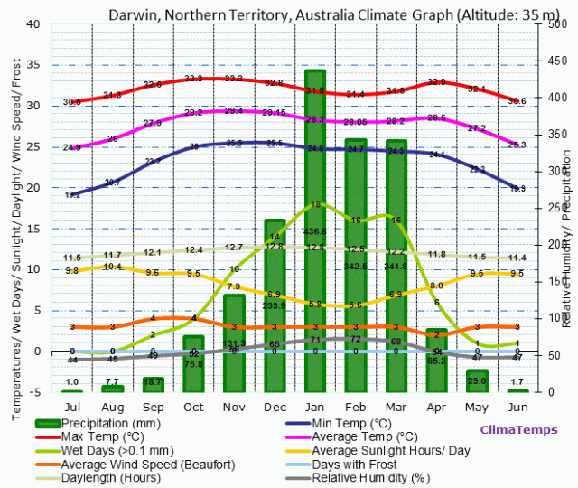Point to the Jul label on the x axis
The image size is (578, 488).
point(72,407)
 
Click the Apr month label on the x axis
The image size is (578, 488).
point(436,407)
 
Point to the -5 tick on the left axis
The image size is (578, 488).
point(33,392)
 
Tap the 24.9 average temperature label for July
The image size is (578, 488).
point(72,147)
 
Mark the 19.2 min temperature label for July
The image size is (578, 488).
point(72,194)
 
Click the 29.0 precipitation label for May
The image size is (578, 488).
point(477,381)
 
